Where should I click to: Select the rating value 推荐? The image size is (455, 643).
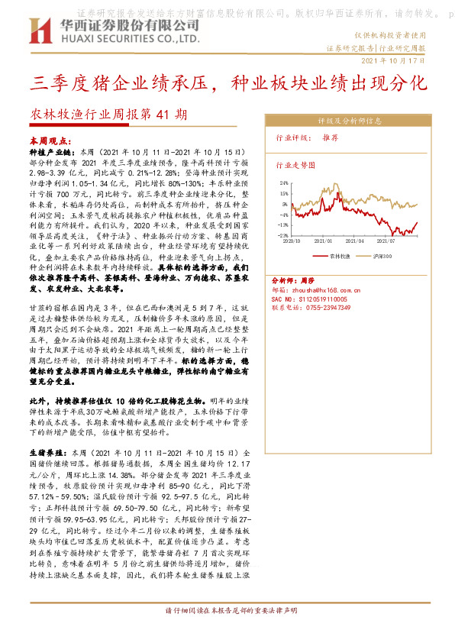point(330,138)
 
